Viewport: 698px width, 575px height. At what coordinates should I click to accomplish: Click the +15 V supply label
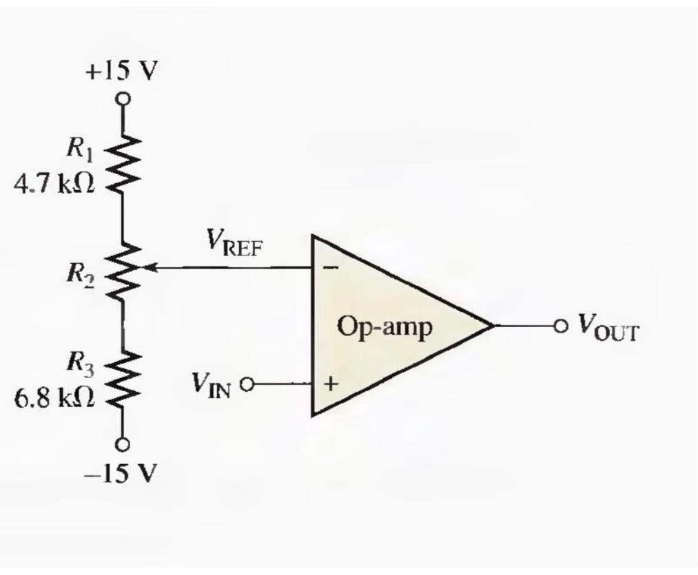coord(122,71)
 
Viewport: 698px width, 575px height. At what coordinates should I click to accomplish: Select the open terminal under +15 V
coord(123,98)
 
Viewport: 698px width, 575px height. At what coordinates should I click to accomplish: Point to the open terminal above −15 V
coord(123,443)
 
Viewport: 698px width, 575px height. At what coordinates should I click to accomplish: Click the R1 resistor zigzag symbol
coord(123,164)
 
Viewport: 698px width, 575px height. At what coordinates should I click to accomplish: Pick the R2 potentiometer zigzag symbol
coord(123,272)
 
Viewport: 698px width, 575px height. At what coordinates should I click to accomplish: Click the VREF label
coord(234,242)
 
